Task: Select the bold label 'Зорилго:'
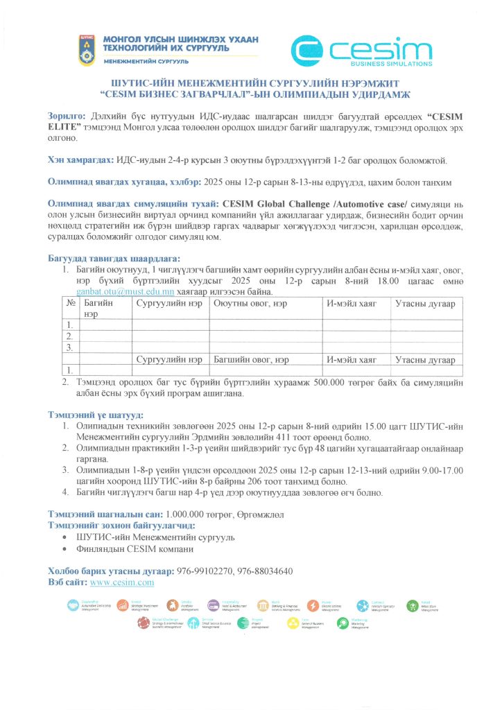pos(66,114)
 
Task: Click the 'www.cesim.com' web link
pos(122,582)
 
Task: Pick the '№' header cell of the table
pos(71,303)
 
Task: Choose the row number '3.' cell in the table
pos(69,347)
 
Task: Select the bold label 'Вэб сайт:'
pos(67,582)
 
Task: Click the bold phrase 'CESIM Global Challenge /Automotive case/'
pos(316,206)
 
